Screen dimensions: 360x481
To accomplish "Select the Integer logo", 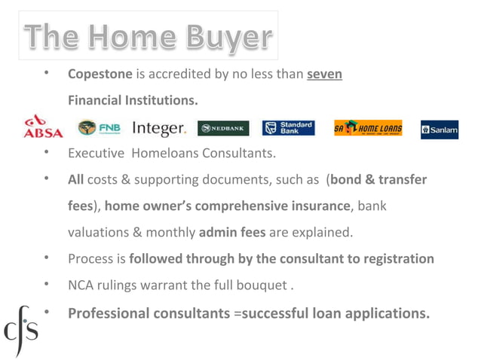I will click(x=159, y=129).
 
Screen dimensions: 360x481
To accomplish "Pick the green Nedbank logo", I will click(x=223, y=129).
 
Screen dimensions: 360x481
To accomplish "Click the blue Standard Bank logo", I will click(x=288, y=128).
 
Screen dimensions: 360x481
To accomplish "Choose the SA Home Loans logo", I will click(x=368, y=129).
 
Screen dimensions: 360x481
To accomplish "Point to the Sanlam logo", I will click(x=440, y=130).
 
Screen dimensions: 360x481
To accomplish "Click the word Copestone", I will click(x=100, y=75).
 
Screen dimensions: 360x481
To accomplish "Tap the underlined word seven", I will click(x=324, y=75).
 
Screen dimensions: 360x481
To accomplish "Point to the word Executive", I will click(x=96, y=154).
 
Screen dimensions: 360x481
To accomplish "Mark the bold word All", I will click(x=75, y=180).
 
